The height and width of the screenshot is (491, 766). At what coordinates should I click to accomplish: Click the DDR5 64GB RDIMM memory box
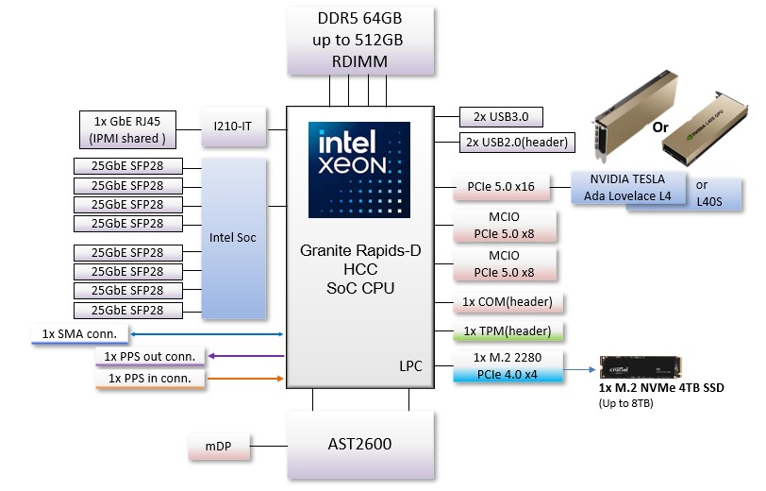[361, 41]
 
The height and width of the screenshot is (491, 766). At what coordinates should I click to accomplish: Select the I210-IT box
[234, 126]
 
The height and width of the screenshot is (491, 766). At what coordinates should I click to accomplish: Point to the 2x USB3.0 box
[502, 117]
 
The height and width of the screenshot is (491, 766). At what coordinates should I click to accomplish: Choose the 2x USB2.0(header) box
[511, 143]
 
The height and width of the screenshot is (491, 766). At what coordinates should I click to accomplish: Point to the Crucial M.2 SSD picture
[642, 367]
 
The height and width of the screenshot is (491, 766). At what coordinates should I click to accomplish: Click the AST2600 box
[360, 444]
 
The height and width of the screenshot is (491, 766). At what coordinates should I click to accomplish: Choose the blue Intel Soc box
[233, 238]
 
